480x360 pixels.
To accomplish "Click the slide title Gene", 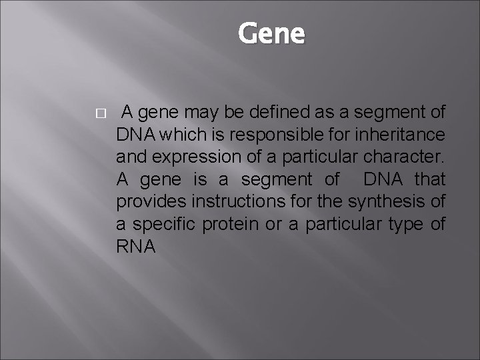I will tap(271, 33).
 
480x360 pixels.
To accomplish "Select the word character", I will tap(406, 157).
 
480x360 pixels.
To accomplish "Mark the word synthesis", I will tap(389, 201).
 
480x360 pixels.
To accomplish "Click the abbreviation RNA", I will tap(136, 246).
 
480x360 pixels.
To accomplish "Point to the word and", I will tap(129, 157).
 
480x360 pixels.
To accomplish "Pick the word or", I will tap(273, 224).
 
